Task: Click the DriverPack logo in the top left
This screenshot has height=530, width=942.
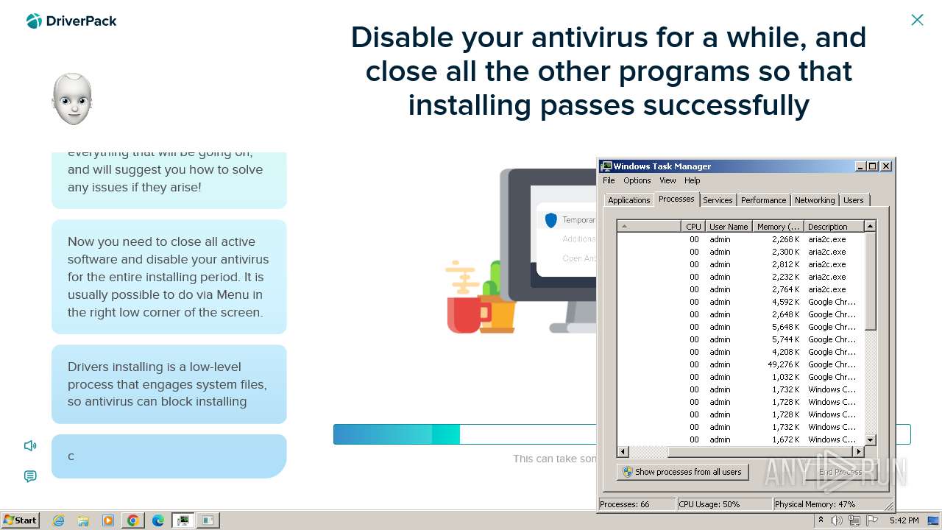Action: tap(71, 21)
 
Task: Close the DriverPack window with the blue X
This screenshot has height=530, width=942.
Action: tap(917, 20)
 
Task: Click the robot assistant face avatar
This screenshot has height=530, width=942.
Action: tap(72, 99)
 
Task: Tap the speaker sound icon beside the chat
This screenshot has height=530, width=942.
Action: tap(30, 445)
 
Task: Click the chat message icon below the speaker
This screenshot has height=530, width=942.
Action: tap(30, 476)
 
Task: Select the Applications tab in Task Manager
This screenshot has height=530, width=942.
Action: tap(628, 200)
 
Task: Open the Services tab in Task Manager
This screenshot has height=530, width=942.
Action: tap(718, 200)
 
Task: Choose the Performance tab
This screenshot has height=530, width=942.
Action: tap(763, 200)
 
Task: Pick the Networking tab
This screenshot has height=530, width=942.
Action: tap(815, 200)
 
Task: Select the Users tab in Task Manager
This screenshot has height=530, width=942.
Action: tap(854, 200)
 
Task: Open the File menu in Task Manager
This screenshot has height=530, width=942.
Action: tap(609, 180)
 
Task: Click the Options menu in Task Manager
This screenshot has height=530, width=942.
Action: tap(637, 180)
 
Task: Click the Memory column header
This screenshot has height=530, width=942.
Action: tap(778, 227)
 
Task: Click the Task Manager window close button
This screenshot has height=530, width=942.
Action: tap(886, 166)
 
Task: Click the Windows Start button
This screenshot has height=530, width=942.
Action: tap(20, 520)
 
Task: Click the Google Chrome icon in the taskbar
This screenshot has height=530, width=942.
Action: tap(133, 520)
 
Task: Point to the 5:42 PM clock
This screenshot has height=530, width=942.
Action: tap(904, 520)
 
